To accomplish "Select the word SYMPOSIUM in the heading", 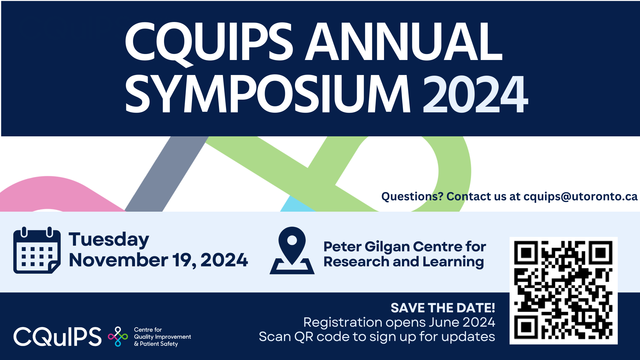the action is pyautogui.click(x=268, y=94).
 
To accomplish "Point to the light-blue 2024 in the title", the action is pyautogui.click(x=475, y=94).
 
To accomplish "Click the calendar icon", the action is pyautogui.click(x=37, y=250).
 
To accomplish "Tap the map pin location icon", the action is pyautogui.click(x=292, y=251).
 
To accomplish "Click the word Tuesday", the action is pyautogui.click(x=109, y=240).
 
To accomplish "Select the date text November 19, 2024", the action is pyautogui.click(x=158, y=260).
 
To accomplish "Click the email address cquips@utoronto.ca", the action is pyautogui.click(x=580, y=197).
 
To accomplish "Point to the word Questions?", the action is pyautogui.click(x=412, y=197).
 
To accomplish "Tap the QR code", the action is pyautogui.click(x=563, y=290).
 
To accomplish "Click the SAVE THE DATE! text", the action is pyautogui.click(x=443, y=308).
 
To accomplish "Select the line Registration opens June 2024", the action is pyautogui.click(x=399, y=322).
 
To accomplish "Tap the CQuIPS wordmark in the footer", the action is pyautogui.click(x=57, y=336).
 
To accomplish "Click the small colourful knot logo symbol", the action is pyautogui.click(x=118, y=336).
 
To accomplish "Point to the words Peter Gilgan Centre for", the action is pyautogui.click(x=405, y=247).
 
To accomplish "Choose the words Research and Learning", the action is pyautogui.click(x=404, y=262).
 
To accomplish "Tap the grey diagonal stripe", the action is pyautogui.click(x=167, y=174).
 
